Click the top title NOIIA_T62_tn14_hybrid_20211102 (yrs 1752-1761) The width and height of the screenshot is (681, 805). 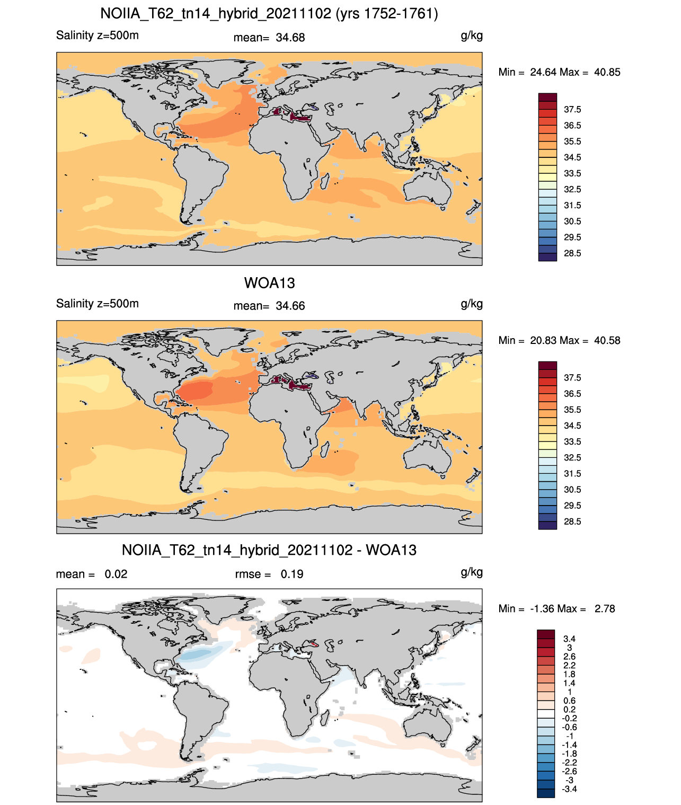click(x=269, y=14)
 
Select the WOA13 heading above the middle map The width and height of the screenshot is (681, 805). click(x=269, y=283)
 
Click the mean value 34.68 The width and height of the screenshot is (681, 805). click(x=290, y=38)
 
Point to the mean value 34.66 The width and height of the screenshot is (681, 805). click(x=290, y=306)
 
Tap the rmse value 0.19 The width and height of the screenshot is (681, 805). click(x=291, y=574)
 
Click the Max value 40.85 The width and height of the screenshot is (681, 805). click(x=607, y=73)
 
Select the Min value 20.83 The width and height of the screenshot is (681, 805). click(x=543, y=341)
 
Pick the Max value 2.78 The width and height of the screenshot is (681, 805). click(x=605, y=609)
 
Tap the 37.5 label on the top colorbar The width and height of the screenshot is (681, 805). click(x=572, y=110)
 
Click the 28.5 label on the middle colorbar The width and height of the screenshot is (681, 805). click(x=572, y=522)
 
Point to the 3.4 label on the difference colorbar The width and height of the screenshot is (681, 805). click(x=569, y=639)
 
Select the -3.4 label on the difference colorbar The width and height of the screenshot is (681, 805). click(x=569, y=790)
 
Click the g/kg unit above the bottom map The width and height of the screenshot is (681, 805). click(x=472, y=572)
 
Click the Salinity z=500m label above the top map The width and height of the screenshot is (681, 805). click(x=98, y=36)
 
